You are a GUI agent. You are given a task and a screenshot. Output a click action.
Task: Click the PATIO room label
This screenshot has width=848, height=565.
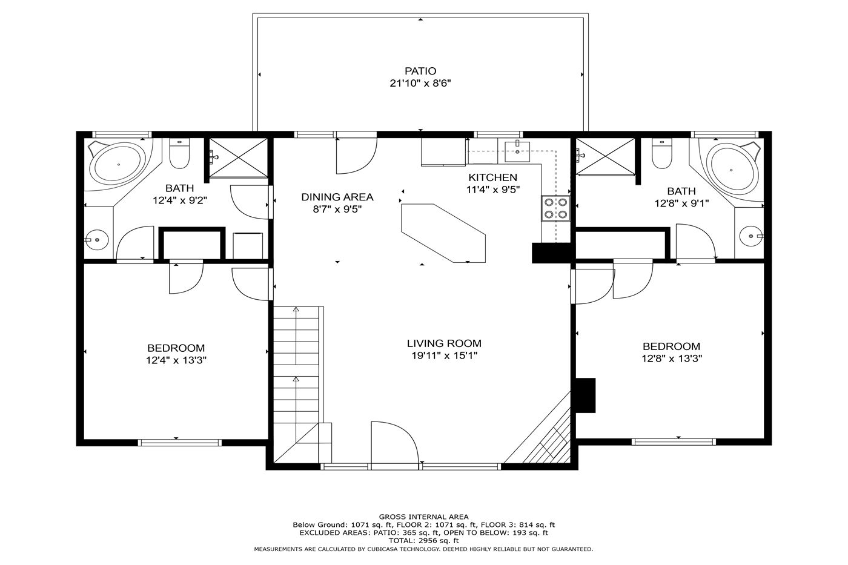point(420,71)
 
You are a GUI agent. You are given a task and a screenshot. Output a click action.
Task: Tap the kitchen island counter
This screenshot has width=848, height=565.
point(443,233)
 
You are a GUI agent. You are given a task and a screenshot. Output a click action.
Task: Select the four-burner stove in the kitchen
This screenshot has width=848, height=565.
point(556,208)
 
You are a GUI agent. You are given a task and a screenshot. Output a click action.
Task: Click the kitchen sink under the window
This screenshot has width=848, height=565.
point(517,152)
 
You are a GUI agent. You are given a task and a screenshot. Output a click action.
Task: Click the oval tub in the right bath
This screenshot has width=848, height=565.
point(731,170)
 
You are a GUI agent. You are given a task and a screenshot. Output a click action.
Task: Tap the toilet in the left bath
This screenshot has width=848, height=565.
point(179,153)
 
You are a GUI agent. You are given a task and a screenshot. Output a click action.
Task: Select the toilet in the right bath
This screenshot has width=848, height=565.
point(661,153)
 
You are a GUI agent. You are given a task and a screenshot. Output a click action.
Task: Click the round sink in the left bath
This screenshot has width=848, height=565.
point(97,240)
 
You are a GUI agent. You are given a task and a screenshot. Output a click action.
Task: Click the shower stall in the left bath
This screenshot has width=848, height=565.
point(239,157)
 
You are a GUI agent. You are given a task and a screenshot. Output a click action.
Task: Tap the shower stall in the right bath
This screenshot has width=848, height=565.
point(605,157)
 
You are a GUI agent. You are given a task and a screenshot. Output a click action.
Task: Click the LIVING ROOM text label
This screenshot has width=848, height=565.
point(444,343)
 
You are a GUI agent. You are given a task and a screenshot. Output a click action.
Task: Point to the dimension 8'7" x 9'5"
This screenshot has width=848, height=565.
point(337,209)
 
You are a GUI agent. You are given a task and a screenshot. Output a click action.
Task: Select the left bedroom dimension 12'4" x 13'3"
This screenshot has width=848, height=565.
point(176,360)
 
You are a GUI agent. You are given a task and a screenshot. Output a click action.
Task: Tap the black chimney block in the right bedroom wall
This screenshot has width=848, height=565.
point(585,395)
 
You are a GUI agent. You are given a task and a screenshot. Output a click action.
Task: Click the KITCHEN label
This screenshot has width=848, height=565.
point(492,177)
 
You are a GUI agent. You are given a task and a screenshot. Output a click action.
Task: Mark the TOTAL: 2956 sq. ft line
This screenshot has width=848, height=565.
point(423,541)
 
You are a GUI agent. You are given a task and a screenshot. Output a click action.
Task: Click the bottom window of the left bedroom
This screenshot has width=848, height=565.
point(179,443)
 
